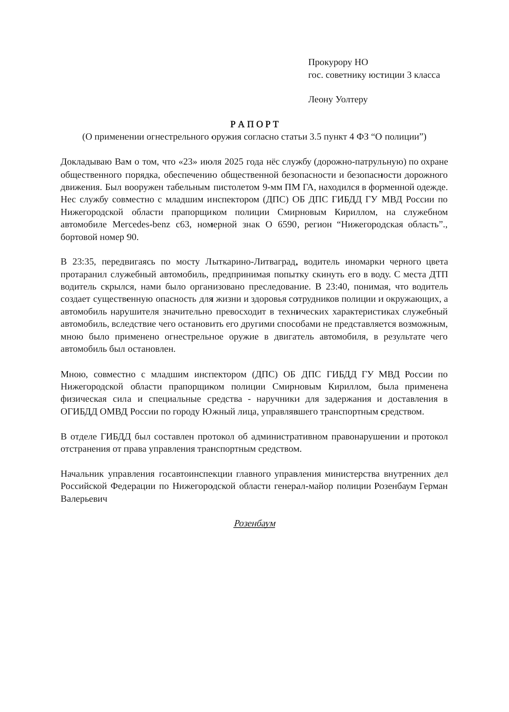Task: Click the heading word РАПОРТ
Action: (254, 124)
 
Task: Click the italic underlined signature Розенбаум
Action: (254, 523)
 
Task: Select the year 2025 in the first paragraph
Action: (234, 162)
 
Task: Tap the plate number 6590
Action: (287, 224)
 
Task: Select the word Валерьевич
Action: (84, 498)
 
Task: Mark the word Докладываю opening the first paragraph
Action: (86, 162)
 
